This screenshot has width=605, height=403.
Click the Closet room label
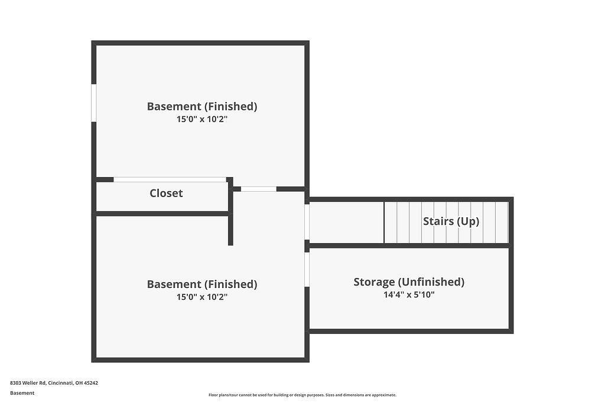point(166,193)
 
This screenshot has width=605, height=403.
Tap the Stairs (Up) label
point(451,221)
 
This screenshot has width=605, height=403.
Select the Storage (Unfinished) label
point(409,282)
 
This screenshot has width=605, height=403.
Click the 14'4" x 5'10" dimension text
point(409,295)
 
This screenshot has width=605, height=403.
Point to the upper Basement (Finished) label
point(202,106)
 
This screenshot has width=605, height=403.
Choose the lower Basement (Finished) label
point(202,284)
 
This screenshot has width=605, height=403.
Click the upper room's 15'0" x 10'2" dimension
point(202,119)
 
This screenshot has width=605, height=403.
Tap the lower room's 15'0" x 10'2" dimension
point(202,297)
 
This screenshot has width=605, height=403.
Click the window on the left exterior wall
point(94,103)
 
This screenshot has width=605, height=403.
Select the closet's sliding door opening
point(170,179)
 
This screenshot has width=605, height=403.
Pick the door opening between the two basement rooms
point(259,189)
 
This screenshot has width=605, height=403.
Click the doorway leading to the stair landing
point(307,222)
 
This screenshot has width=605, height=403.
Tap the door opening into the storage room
point(307,269)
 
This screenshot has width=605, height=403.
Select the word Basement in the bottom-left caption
point(22,393)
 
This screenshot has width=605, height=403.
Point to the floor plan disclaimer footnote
point(302,395)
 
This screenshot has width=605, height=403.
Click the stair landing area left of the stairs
point(346,222)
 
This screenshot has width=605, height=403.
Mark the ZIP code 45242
point(91,383)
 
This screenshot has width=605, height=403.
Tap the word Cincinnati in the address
point(61,383)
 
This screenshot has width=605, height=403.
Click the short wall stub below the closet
point(231,230)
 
